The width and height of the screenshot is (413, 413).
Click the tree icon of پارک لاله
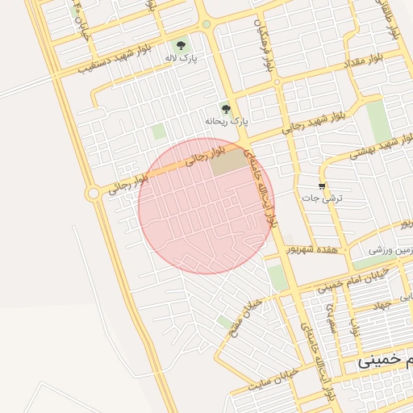181,45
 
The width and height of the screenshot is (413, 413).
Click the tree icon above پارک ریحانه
226,109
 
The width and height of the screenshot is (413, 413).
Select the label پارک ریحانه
227,122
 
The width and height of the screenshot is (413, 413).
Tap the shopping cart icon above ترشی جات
323,186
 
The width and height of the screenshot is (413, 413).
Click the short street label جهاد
379,305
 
